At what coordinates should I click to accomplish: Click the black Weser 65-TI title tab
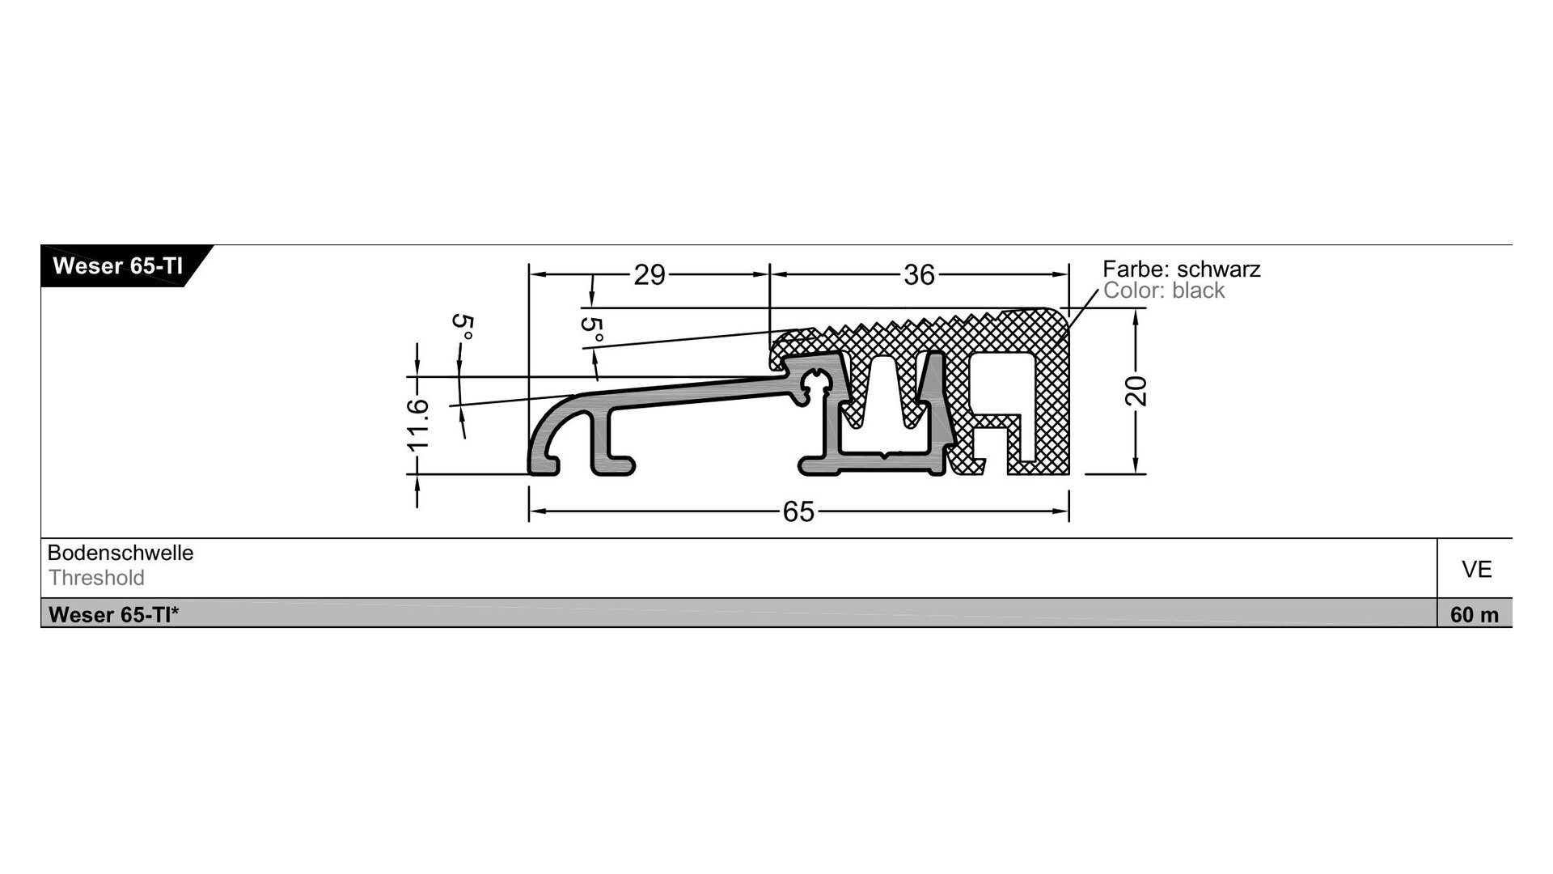click(x=121, y=266)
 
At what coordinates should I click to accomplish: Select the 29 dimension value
click(x=650, y=275)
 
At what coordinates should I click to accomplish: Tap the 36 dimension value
click(x=920, y=275)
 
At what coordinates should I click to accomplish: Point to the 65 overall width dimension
click(x=798, y=511)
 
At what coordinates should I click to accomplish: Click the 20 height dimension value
click(x=1136, y=392)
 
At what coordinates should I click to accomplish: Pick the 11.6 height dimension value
click(x=417, y=425)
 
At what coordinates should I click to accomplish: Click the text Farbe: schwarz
click(x=1182, y=269)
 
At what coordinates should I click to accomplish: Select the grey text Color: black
click(x=1164, y=291)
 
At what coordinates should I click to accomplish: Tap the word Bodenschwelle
click(x=121, y=553)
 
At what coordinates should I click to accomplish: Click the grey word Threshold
click(x=96, y=578)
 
